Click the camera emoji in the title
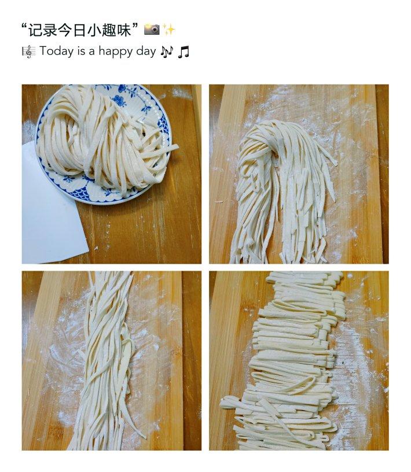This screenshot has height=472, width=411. coord(152,30)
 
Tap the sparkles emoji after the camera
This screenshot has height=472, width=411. coord(168,30)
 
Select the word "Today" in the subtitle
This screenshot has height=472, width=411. coord(57,51)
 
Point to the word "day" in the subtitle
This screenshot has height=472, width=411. coord(146,51)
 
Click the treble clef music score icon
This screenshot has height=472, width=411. coord(28,51)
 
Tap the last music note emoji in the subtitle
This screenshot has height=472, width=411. coord(184,51)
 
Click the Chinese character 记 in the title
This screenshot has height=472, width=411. coord(35,30)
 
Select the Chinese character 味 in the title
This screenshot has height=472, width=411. coord(123,30)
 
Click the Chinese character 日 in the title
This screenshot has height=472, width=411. coord(79,30)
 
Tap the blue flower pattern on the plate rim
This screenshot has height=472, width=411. coord(120,97)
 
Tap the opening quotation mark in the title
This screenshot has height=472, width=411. coord(24,27)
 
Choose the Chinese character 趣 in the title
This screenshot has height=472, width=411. coord(109,30)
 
